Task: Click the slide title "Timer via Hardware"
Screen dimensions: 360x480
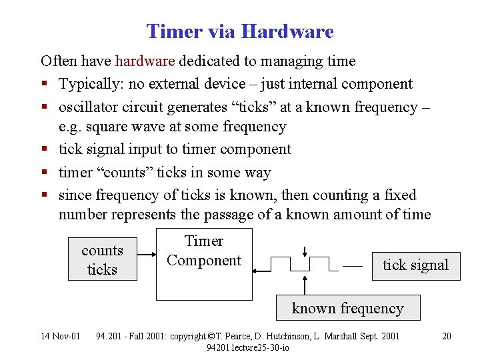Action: tap(240, 31)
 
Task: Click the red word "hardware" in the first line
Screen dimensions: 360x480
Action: tap(145, 61)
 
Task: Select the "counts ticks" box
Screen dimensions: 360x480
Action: tap(103, 259)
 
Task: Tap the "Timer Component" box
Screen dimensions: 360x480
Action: tap(204, 264)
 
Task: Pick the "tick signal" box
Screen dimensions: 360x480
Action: tap(415, 265)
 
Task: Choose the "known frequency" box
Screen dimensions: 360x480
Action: tap(347, 308)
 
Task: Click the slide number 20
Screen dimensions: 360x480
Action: tap(447, 336)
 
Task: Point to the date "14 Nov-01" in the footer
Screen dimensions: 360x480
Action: tap(60, 336)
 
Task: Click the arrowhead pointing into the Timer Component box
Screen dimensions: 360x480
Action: tap(257, 270)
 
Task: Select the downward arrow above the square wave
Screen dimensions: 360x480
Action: tap(304, 253)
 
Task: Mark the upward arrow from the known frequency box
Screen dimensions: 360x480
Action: tap(305, 285)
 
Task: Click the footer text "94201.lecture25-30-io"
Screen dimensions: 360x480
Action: tap(248, 347)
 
